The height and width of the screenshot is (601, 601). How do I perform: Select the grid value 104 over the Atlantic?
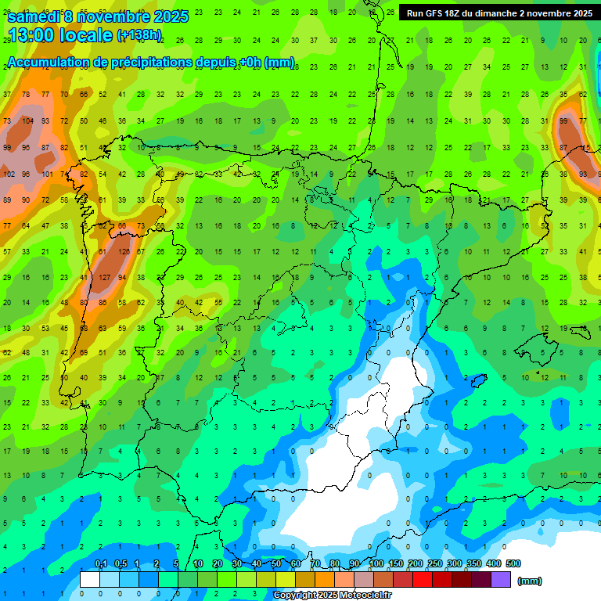pyautogui.click(x=27, y=121)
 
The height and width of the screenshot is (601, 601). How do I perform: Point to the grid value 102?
pyautogui.click(x=9, y=174)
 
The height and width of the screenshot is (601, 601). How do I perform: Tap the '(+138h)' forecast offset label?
pyautogui.click(x=139, y=35)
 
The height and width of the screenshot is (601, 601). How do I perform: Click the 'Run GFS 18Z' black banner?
pyautogui.click(x=498, y=13)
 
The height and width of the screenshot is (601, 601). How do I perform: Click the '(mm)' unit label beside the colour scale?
pyautogui.click(x=530, y=581)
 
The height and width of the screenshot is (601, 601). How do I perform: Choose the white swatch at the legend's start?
pyautogui.click(x=90, y=580)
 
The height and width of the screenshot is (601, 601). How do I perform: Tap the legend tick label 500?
pyautogui.click(x=513, y=564)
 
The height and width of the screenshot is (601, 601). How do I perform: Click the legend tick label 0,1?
pyautogui.click(x=100, y=564)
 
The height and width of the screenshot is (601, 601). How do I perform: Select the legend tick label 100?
pyautogui.click(x=376, y=564)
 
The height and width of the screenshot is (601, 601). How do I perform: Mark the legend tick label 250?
pyautogui.click(x=435, y=564)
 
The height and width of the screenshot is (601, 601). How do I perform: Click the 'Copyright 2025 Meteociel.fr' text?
pyautogui.click(x=332, y=595)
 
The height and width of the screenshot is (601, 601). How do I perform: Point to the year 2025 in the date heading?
pyautogui.click(x=171, y=16)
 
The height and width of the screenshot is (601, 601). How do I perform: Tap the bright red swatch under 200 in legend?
pyautogui.click(x=423, y=580)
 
